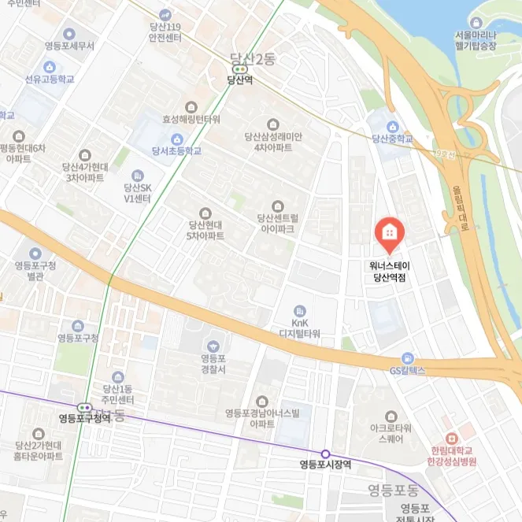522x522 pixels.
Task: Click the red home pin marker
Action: click(x=388, y=231)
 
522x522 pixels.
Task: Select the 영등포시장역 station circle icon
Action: click(x=325, y=454)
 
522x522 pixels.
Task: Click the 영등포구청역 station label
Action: click(x=84, y=418)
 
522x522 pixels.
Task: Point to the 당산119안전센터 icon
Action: click(x=165, y=14)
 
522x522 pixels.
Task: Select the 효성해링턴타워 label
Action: click(x=191, y=120)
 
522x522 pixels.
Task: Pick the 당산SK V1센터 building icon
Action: click(x=138, y=176)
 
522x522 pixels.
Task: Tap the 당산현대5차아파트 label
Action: click(x=205, y=230)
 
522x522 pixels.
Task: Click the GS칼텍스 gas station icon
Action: click(x=406, y=357)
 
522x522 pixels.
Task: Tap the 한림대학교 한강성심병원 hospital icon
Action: click(x=450, y=439)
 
